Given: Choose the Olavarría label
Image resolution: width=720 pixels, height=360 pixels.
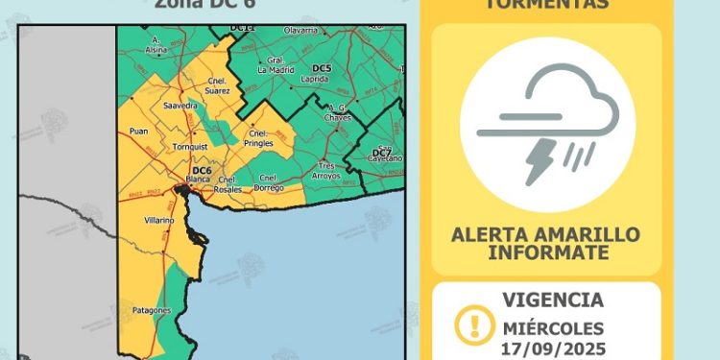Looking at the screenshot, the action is pyautogui.click(x=300, y=31).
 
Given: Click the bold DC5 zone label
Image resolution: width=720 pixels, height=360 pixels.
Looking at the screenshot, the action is pyautogui.click(x=323, y=67).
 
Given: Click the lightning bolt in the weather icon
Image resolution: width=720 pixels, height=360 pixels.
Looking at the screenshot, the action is pyautogui.click(x=537, y=160).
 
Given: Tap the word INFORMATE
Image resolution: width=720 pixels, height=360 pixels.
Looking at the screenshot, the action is pyautogui.click(x=547, y=252).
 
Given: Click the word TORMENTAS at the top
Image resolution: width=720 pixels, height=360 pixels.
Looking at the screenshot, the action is pyautogui.click(x=546, y=4).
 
